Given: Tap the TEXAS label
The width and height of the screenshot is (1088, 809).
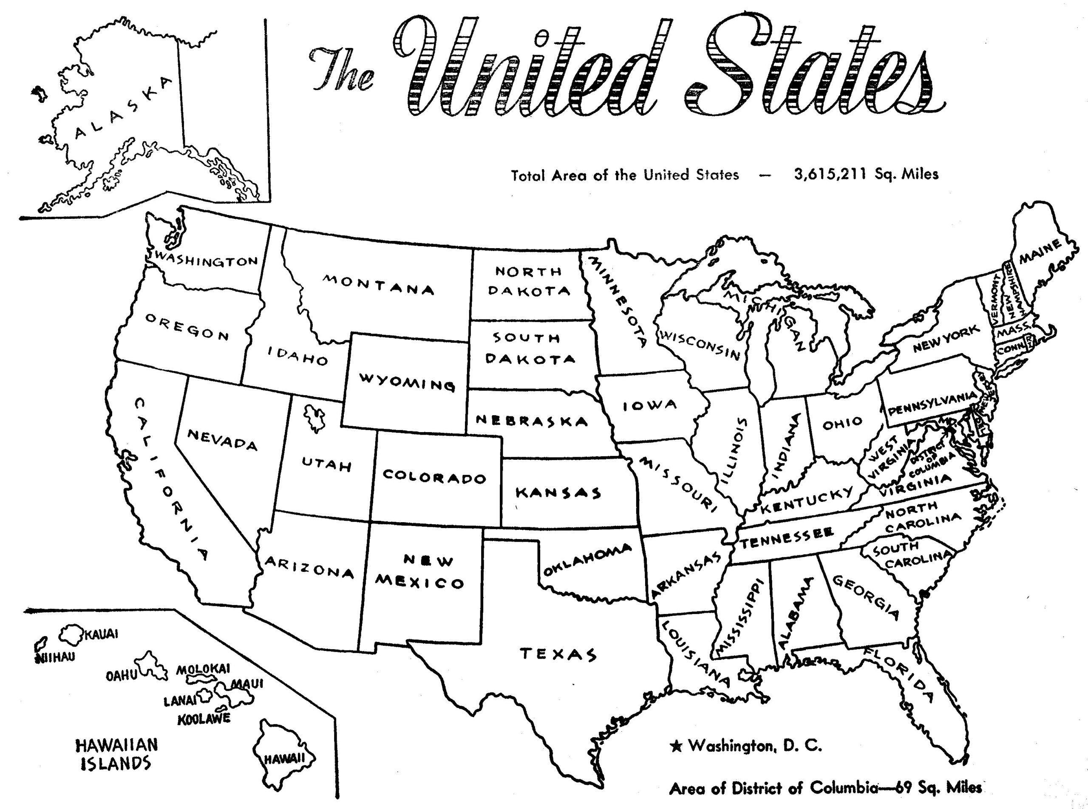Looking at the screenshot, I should [x=558, y=654].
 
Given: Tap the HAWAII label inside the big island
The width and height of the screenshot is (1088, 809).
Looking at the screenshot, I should [x=285, y=759].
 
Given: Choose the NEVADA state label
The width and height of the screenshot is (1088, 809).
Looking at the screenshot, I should [x=222, y=439].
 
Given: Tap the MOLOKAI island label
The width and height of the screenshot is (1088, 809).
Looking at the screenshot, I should [x=203, y=669].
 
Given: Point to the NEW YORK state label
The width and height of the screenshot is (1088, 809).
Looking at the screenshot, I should [x=946, y=339].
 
